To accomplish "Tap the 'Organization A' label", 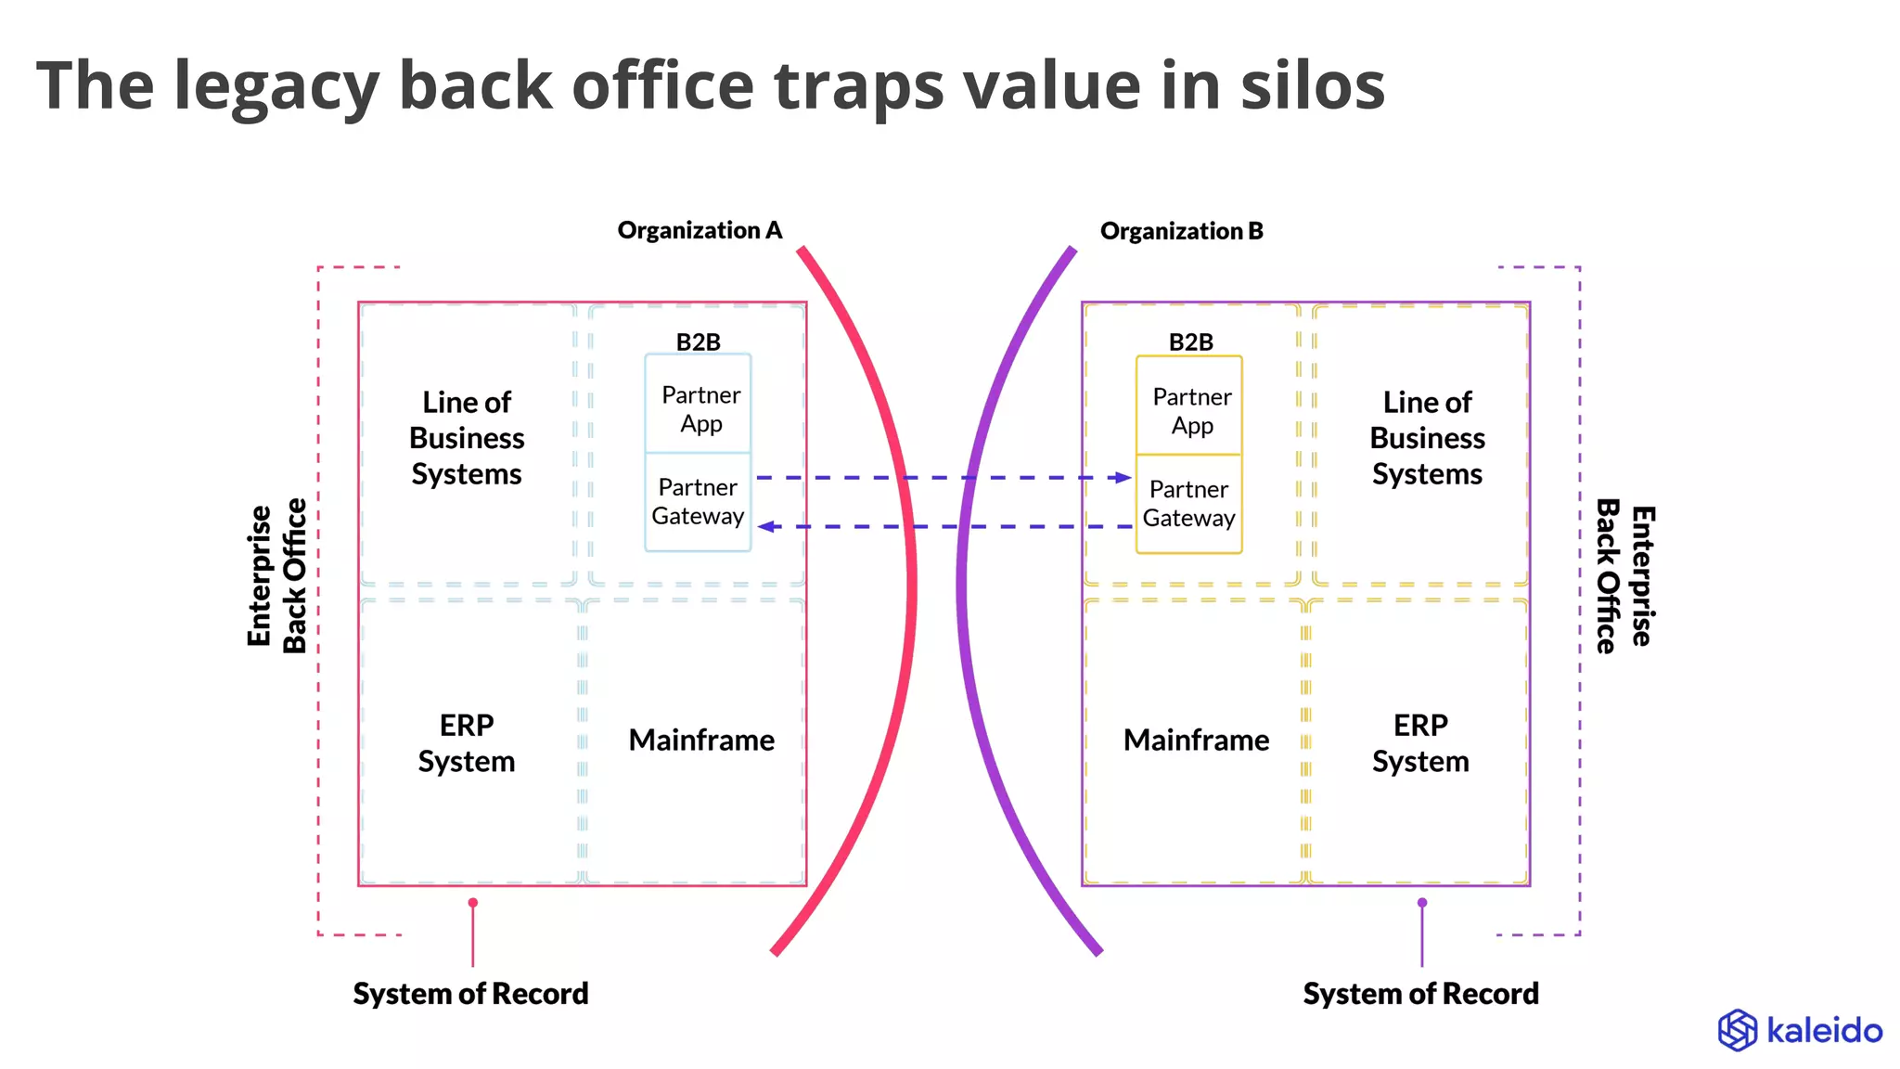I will click(700, 230).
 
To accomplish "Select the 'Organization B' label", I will click(1181, 231).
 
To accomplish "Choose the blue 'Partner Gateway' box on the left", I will click(698, 502).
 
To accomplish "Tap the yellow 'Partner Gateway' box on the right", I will click(1189, 504).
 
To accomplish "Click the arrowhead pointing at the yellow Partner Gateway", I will click(1123, 478).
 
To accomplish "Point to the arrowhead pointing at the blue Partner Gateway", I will click(766, 527).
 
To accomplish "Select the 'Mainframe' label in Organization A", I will click(701, 741).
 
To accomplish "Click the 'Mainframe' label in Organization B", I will click(1196, 741).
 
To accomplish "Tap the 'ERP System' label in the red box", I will click(467, 742).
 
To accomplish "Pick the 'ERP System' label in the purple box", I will click(1420, 742).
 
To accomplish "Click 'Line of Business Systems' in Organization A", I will click(467, 438).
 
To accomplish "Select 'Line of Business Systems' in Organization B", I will click(1427, 438).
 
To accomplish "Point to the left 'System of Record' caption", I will click(470, 994).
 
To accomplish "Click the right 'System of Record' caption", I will click(1420, 994).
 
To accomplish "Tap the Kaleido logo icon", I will click(1737, 1030).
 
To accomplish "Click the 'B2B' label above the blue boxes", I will click(698, 342).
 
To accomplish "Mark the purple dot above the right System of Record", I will click(1422, 903).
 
